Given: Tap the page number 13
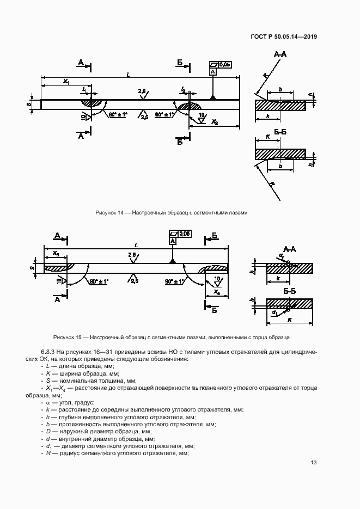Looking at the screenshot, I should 314,463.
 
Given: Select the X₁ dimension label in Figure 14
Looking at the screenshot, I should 66,81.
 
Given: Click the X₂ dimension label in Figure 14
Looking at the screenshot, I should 215,122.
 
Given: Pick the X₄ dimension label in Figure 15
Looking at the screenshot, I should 216,292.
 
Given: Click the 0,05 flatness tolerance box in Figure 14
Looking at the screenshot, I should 224,64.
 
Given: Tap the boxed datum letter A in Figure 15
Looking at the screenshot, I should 173,241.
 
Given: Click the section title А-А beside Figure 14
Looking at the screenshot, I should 280,54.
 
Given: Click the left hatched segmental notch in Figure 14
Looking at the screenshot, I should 92,102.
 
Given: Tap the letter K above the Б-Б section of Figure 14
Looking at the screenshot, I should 267,136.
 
